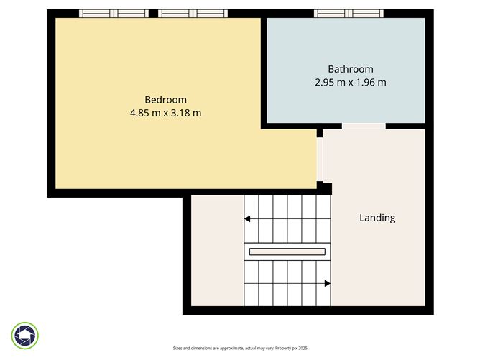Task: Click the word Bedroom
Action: coord(166,100)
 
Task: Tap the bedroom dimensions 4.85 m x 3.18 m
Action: coord(166,113)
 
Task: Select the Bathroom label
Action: coord(351,69)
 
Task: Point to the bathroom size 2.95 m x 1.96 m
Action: coord(351,82)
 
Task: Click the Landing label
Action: coord(377,218)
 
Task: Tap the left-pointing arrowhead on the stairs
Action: coord(247,219)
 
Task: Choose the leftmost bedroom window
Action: coord(113,13)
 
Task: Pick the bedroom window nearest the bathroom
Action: coord(193,13)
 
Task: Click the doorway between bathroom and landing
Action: coord(363,126)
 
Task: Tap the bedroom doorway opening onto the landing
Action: coord(319,160)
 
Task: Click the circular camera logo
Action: coord(25,335)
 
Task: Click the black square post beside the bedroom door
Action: coord(325,188)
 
